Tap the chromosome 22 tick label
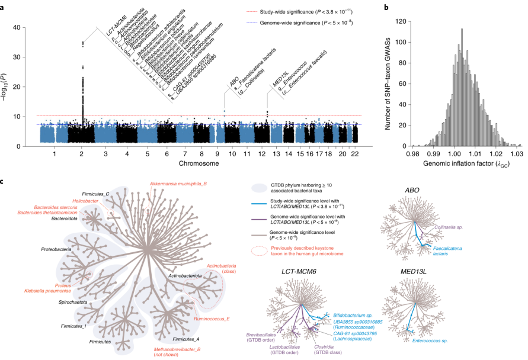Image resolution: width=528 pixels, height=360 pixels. click(x=354, y=154)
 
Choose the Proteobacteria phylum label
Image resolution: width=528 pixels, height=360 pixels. click(x=56, y=249)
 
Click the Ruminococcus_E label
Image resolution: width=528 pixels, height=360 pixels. click(x=212, y=319)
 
